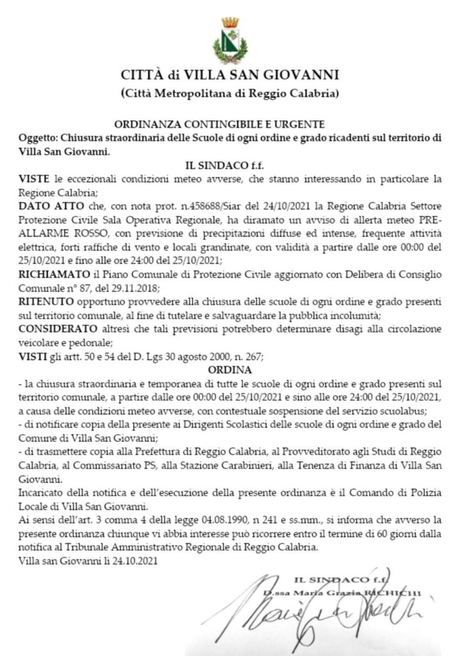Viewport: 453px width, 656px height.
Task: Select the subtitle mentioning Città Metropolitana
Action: pos(229,94)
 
